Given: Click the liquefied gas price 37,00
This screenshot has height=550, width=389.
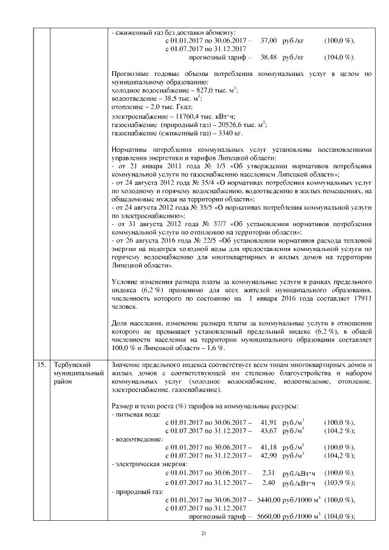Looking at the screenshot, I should pos(269,40).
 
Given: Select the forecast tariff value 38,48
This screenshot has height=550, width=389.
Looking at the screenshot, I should pos(269,57).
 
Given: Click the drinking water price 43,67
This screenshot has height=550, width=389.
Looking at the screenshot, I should pos(269,430).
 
